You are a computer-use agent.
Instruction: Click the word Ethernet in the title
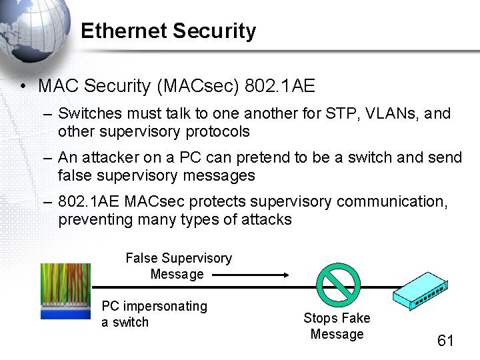pos(123,31)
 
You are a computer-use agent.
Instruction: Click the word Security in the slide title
pos(214,31)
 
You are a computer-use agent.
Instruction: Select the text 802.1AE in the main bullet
pos(280,86)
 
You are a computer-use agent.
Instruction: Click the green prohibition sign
pos(337,286)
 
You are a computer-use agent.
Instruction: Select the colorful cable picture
pos(65,291)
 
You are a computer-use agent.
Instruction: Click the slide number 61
pos(445,341)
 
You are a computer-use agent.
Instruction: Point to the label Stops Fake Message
pos(337,326)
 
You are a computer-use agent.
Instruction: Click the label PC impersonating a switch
pos(154,314)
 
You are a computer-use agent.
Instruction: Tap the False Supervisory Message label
pos(178,266)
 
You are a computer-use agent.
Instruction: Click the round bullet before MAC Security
pos(23,87)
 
